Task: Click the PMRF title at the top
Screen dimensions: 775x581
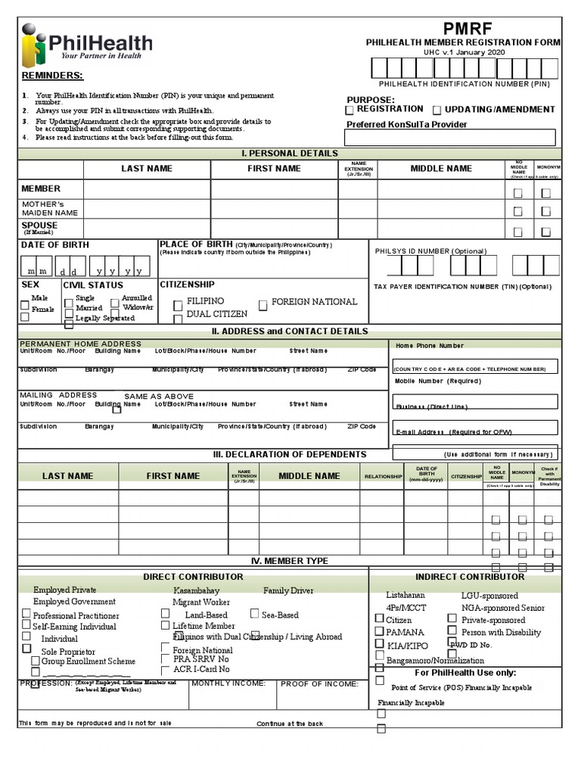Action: (x=464, y=28)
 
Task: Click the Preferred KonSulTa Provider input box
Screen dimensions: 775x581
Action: (x=449, y=138)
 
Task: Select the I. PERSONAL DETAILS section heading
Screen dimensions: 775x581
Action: (x=290, y=154)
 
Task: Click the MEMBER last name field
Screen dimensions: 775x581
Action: (x=147, y=189)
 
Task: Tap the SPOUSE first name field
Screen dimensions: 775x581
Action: (x=274, y=229)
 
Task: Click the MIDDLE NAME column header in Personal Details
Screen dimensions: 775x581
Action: (x=441, y=169)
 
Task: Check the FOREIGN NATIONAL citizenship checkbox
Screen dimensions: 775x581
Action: (x=263, y=306)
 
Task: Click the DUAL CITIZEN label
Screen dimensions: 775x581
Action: (x=216, y=314)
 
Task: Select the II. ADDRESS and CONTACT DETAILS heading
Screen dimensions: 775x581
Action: (x=290, y=331)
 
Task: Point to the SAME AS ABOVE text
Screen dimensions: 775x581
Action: (x=159, y=397)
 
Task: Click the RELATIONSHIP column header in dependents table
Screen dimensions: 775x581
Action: (x=383, y=477)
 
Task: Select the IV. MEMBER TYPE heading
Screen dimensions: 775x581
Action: (x=290, y=562)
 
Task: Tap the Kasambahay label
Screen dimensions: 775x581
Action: (x=196, y=590)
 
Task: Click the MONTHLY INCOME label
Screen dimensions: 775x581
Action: (x=228, y=684)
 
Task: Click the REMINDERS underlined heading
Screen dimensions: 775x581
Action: (x=52, y=76)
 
